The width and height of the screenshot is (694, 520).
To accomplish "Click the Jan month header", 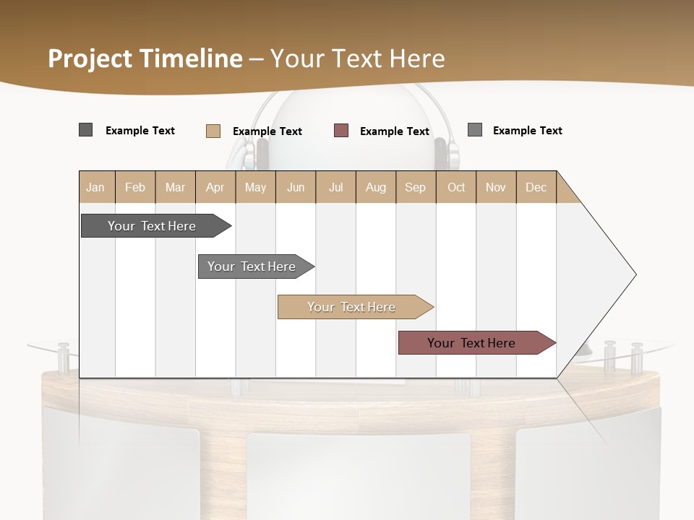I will (x=95, y=187).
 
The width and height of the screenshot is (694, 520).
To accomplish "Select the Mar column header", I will (x=175, y=187).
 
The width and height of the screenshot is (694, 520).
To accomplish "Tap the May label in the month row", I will (x=255, y=187).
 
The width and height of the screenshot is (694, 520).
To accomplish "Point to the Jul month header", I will (x=335, y=187).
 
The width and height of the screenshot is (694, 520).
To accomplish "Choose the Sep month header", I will (x=415, y=187).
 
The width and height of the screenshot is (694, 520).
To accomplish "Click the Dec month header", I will (x=536, y=187).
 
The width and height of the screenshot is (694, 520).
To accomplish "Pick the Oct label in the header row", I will (x=456, y=187).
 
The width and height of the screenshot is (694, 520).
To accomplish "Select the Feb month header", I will (x=135, y=187).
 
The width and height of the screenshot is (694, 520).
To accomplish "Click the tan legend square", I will (x=213, y=131).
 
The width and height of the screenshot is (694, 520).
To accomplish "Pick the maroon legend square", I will (x=341, y=131).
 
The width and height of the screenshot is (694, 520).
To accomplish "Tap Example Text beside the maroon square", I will (x=395, y=131).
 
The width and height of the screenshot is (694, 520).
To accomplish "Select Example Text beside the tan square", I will (x=267, y=131).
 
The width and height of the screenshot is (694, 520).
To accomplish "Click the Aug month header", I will (x=375, y=187).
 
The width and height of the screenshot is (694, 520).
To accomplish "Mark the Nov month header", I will (x=496, y=187).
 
